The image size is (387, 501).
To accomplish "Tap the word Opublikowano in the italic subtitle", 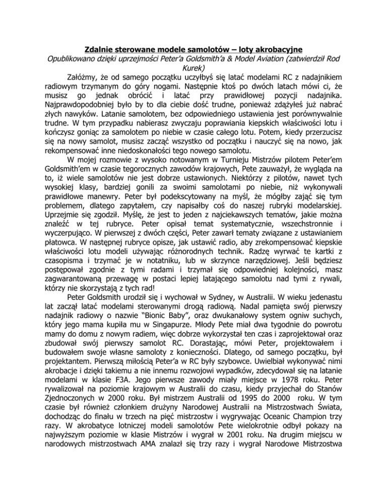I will point(58,60).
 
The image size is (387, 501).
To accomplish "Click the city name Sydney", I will point(237,331).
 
